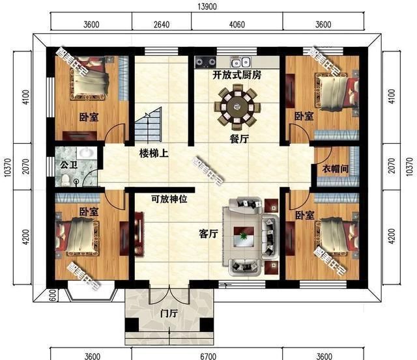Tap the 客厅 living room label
tap(208, 234)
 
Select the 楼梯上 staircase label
tap(154, 154)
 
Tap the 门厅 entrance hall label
tap(169, 314)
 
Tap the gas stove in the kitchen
tap(205, 62)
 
